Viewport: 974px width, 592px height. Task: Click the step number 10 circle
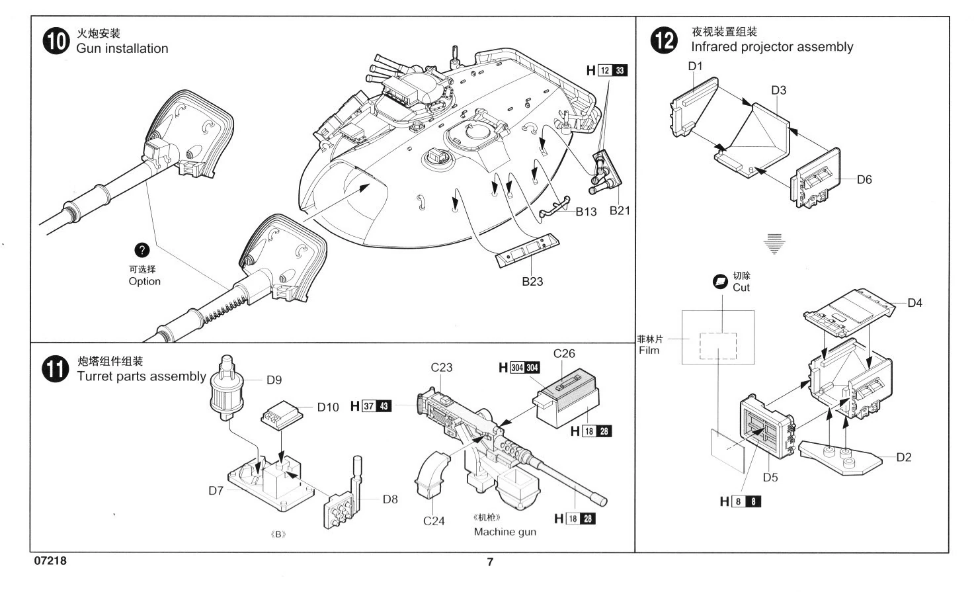tap(56, 42)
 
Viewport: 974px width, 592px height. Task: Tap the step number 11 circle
tap(56, 369)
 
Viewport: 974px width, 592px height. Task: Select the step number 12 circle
tap(664, 40)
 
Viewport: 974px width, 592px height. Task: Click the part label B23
tap(532, 281)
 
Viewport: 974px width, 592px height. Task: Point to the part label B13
tap(586, 212)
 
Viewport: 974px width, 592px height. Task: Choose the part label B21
tap(620, 210)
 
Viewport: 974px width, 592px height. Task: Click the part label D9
tap(274, 380)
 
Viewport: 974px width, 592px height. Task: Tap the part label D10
tap(328, 407)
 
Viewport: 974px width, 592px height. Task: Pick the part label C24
tap(434, 521)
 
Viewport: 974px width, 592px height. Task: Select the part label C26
tap(564, 354)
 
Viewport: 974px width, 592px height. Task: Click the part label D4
tap(914, 303)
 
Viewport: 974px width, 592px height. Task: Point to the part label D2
tap(904, 457)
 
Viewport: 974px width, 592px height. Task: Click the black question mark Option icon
tap(142, 250)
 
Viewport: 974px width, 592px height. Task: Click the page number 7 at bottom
tap(490, 562)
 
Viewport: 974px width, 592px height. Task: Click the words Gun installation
tap(122, 48)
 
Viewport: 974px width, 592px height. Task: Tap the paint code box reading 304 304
tap(525, 368)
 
